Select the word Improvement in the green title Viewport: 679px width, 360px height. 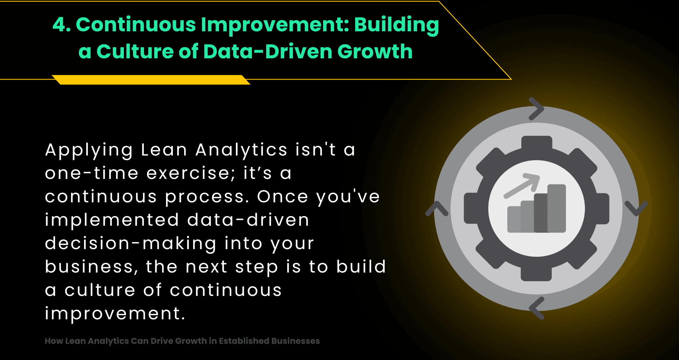point(275,25)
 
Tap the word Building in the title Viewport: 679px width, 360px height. point(397,25)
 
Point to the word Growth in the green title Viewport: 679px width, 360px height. point(375,51)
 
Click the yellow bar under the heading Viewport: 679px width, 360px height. point(151,80)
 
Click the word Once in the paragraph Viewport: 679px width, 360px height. point(283,197)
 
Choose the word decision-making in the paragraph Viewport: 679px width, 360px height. point(131,244)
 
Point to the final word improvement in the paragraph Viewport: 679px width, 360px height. point(115,314)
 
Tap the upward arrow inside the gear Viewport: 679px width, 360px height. point(522,186)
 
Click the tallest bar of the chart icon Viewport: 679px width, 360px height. point(557,208)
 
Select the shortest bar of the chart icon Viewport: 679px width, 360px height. point(514,219)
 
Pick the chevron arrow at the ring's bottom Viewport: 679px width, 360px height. point(537,308)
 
